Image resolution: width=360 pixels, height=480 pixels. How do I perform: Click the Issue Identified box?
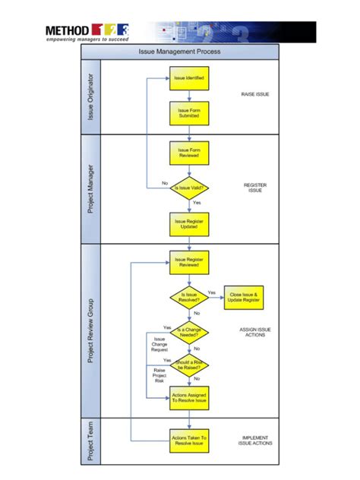(x=188, y=78)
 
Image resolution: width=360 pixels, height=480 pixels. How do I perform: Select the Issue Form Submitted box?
(x=188, y=113)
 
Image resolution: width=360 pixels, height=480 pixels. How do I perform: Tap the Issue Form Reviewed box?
(x=188, y=153)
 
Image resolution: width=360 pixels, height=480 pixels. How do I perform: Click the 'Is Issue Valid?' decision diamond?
(x=188, y=188)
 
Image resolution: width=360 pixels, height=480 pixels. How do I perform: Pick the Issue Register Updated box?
(x=188, y=223)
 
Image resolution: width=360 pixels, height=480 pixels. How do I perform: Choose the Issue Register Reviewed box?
(x=188, y=262)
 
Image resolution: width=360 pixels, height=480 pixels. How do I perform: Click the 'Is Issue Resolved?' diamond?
(x=188, y=297)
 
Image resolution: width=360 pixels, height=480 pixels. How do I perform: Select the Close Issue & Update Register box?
(x=244, y=297)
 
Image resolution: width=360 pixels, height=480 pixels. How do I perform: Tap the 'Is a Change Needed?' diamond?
(x=188, y=331)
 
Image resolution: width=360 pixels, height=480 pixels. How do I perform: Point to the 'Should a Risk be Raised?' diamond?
(x=188, y=365)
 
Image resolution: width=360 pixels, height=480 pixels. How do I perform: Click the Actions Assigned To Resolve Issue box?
(x=188, y=398)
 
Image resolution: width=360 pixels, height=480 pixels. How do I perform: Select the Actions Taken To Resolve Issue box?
(x=188, y=440)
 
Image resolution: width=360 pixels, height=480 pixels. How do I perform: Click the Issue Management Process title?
(x=179, y=52)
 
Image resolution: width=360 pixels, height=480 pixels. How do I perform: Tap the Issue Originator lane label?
(x=91, y=98)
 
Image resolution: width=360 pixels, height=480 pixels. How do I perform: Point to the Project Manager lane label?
(x=91, y=188)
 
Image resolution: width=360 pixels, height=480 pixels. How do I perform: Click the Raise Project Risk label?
(x=159, y=375)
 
